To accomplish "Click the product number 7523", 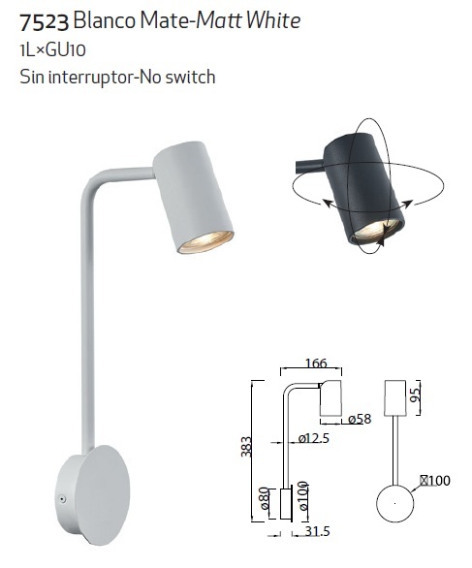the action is pos(44,21).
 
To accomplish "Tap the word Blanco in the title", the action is pos(105,20).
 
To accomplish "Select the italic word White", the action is pos(273,20).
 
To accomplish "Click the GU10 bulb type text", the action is pos(66,50).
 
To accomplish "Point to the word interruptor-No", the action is pos(105,77).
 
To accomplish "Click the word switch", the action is pos(191,77).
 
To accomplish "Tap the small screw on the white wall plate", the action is pos(62,499).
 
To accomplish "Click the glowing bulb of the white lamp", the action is pos(205,241).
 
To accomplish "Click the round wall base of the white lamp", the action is pos(94,494).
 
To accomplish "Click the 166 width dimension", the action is pos(316,363).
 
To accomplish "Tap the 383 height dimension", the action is pos(246,447).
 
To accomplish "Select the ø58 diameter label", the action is pos(361,419).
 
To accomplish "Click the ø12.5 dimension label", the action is pos(314,439).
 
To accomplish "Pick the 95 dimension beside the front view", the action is pos(416,394).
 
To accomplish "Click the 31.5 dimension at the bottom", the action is pos(317,531).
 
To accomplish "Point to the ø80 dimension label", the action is pos(265,498).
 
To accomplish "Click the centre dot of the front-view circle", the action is pos(394,503).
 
